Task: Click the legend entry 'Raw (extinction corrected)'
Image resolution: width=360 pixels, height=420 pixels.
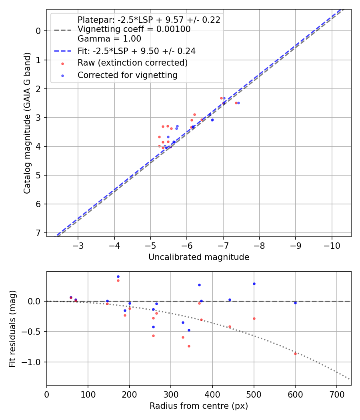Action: [x=132, y=63]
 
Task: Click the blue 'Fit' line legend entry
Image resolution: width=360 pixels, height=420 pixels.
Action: [x=136, y=51]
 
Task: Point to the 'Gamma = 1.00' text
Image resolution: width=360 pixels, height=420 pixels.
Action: [x=109, y=39]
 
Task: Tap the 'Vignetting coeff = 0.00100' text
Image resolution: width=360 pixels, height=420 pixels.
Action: [x=134, y=29]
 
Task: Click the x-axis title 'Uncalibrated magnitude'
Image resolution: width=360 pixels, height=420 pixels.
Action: [x=199, y=257]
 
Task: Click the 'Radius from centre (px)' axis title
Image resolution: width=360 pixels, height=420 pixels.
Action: [x=199, y=406]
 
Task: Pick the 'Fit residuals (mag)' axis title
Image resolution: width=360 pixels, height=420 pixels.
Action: [x=12, y=329]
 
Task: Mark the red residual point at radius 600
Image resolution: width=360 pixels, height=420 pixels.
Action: [x=295, y=354]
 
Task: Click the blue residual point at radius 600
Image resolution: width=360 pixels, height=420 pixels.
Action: [x=295, y=303]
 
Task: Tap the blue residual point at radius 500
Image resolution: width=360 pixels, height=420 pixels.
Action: [x=254, y=284]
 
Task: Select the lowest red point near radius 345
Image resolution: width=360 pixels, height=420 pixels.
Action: [x=189, y=346]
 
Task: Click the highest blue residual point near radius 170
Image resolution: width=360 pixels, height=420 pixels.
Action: [x=118, y=276]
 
